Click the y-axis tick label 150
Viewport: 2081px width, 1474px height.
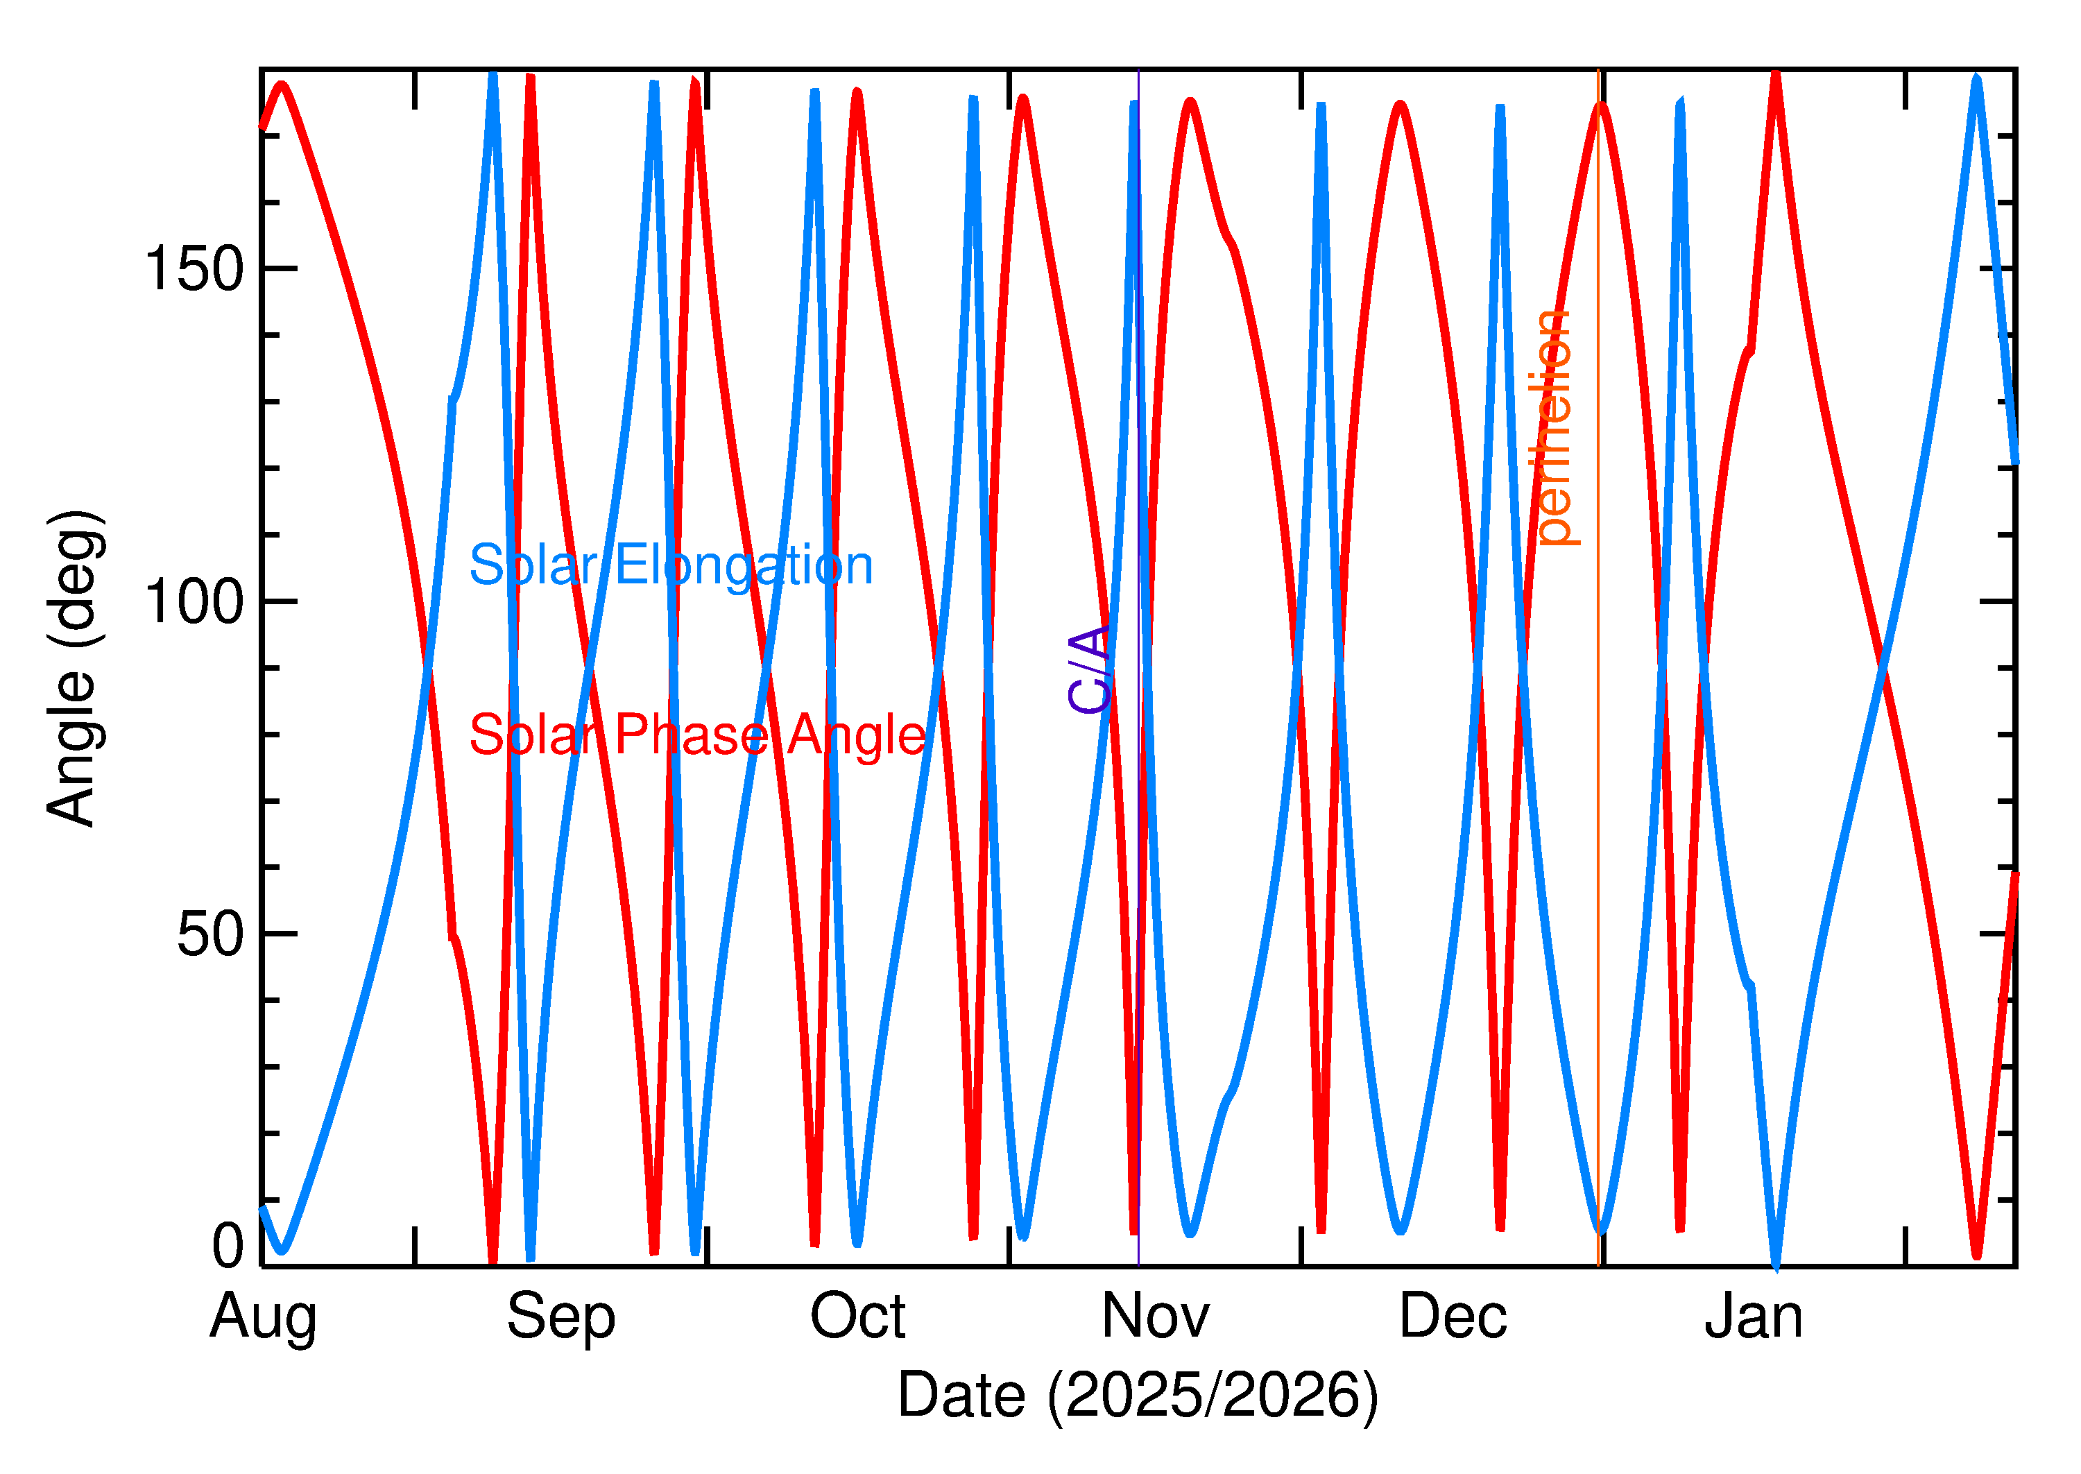tap(194, 268)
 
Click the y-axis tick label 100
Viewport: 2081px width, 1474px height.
tap(194, 601)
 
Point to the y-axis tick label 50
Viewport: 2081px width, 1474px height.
tap(211, 933)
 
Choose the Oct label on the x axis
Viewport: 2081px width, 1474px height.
tap(857, 1315)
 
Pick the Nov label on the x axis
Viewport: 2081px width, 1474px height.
tap(1156, 1315)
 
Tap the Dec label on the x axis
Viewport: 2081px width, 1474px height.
tap(1453, 1315)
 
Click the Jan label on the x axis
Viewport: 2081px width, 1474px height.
tap(1754, 1315)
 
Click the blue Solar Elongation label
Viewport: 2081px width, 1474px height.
tap(671, 565)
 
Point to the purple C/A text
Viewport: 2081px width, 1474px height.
tap(1090, 670)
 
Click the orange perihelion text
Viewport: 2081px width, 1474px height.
tap(1554, 427)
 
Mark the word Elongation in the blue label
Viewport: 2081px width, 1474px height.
tap(744, 565)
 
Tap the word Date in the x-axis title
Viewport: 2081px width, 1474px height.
tap(962, 1395)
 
